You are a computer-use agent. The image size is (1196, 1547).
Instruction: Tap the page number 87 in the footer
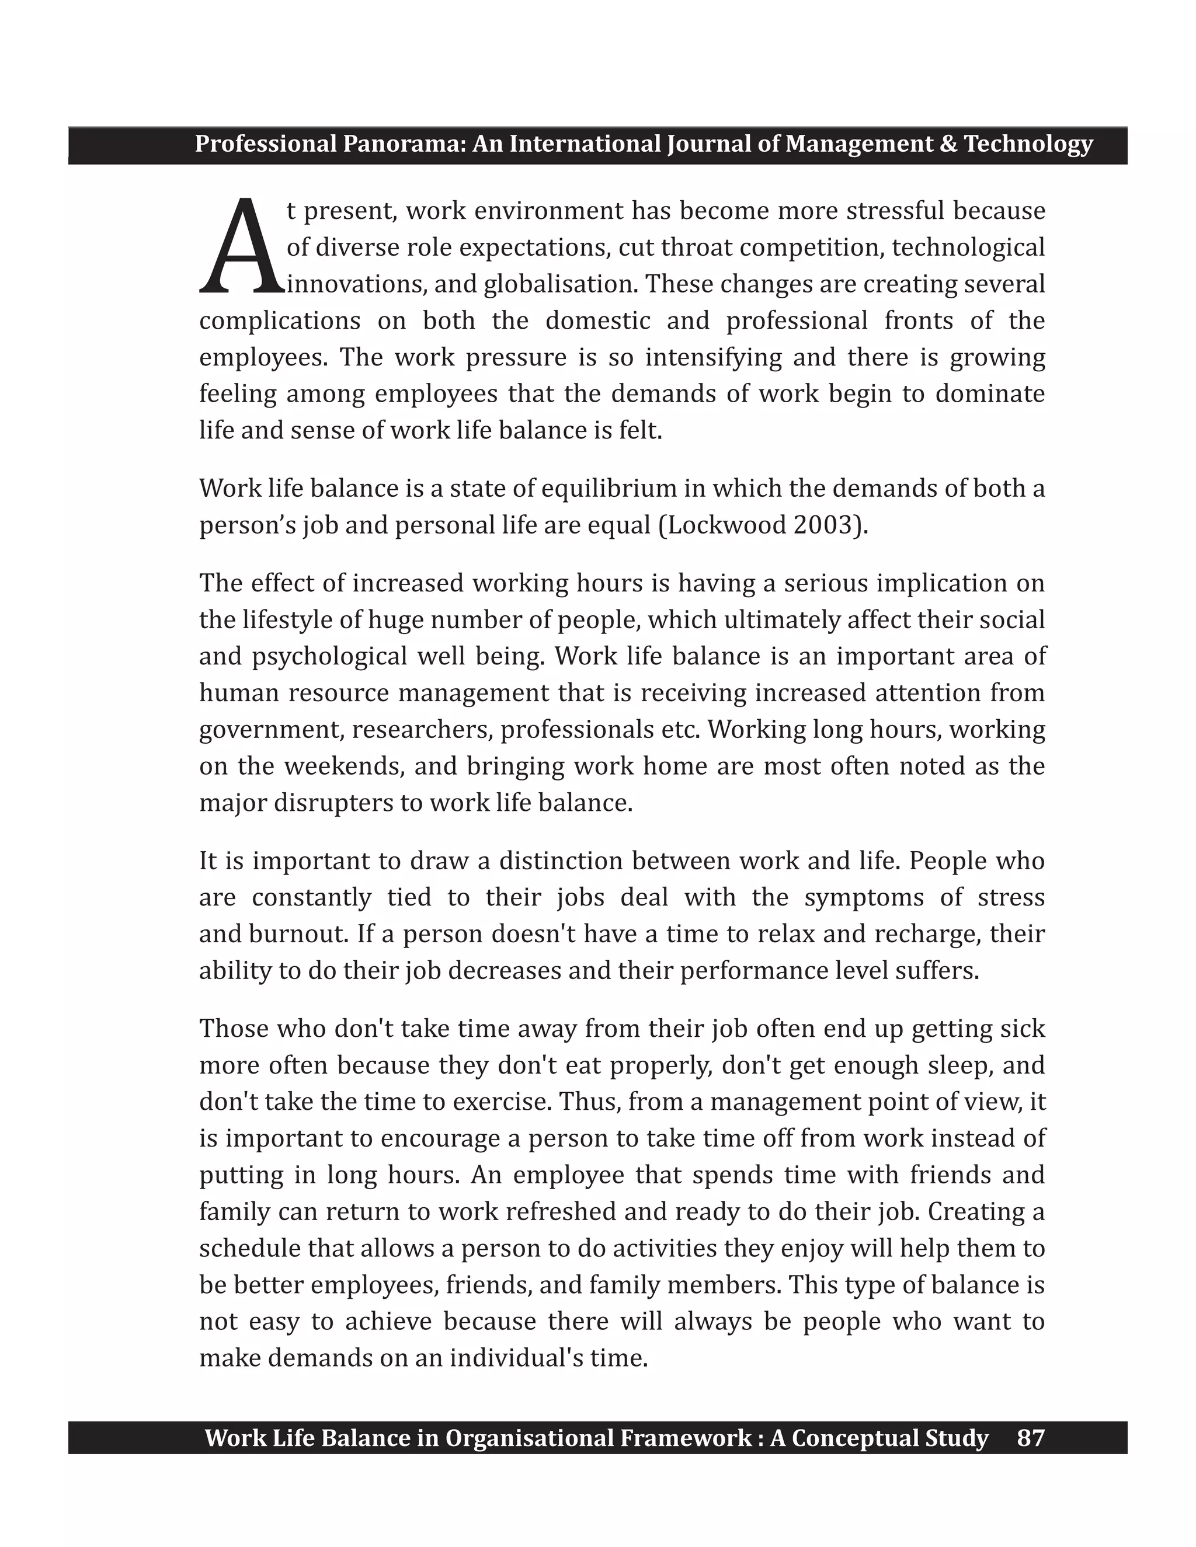tap(1030, 1438)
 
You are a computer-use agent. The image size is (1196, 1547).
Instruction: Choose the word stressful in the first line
tap(895, 211)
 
